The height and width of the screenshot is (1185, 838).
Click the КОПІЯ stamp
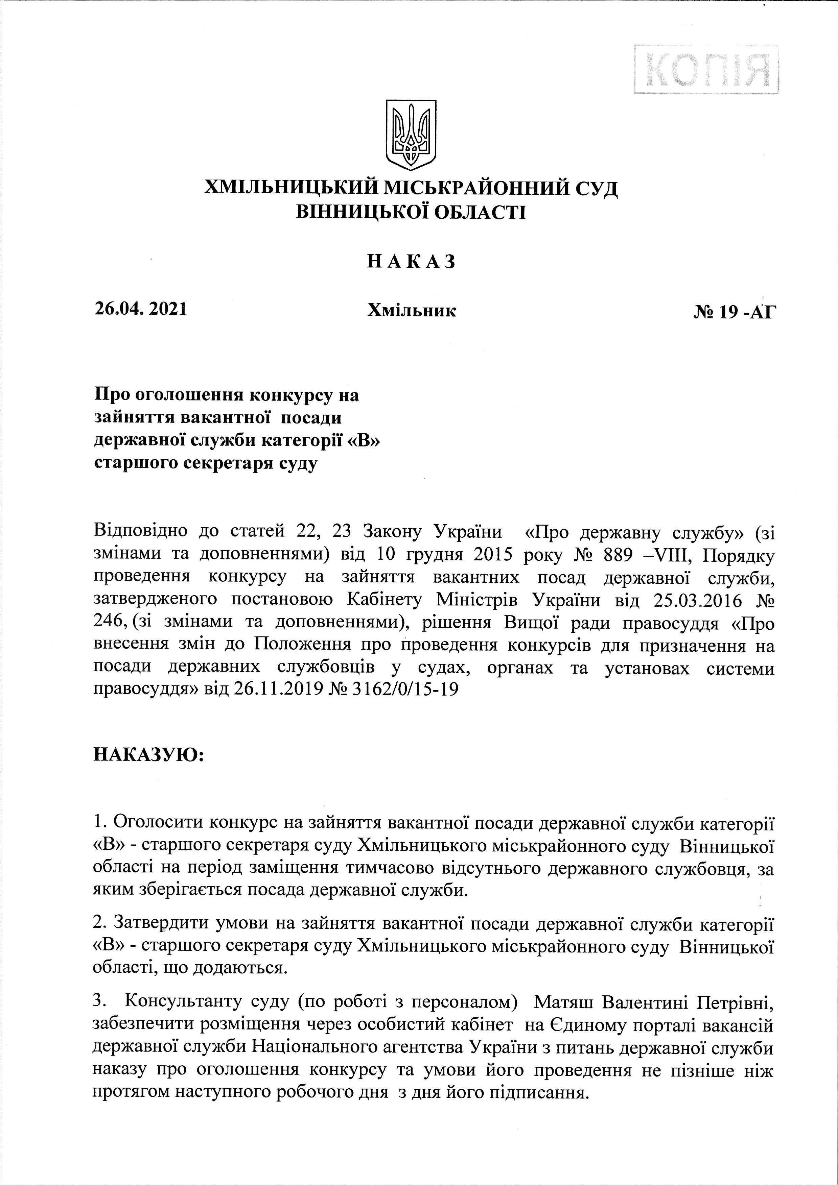(x=706, y=69)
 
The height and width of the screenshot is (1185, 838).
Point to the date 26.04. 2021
(x=140, y=309)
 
